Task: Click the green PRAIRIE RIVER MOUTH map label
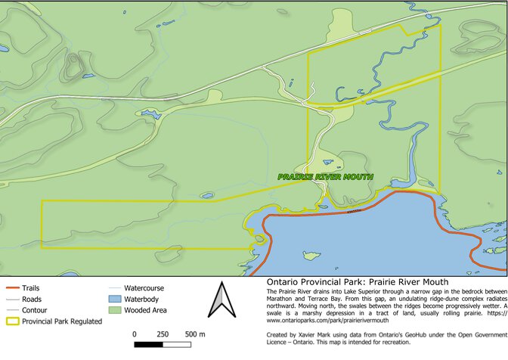pyautogui.click(x=325, y=177)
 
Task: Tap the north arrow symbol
pyautogui.click(x=221, y=299)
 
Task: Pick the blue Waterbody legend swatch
pyautogui.click(x=114, y=299)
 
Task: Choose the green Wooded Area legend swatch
pyautogui.click(x=114, y=311)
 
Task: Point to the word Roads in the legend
pyautogui.click(x=32, y=299)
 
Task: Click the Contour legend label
pyautogui.click(x=35, y=310)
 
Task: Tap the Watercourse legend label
pyautogui.click(x=144, y=288)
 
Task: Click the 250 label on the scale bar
pyautogui.click(x=163, y=334)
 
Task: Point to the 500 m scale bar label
pyautogui.click(x=195, y=334)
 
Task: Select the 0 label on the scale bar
pyautogui.click(x=135, y=334)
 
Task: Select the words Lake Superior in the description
pyautogui.click(x=361, y=291)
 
